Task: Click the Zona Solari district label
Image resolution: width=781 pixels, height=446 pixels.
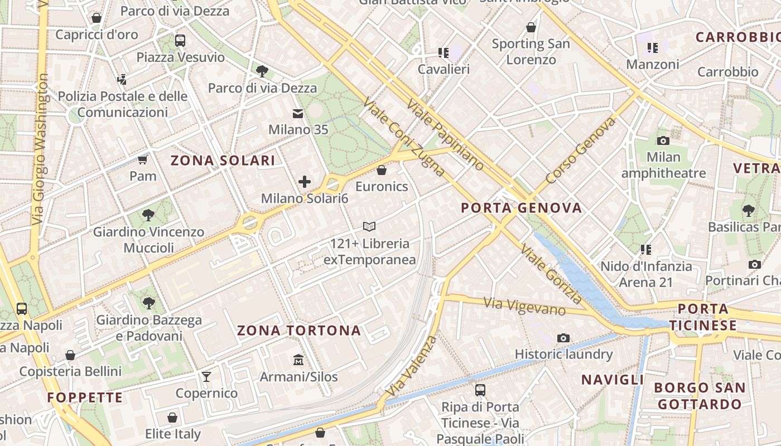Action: pos(223,161)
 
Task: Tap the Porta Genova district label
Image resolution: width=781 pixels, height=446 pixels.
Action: pos(522,209)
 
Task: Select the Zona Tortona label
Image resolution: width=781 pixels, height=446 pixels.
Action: pos(299,331)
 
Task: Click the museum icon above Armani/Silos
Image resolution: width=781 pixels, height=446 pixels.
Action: pos(298,360)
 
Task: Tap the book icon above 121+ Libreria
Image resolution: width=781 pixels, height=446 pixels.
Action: pos(369,226)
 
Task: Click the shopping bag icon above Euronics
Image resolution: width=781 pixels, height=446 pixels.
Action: pos(382,169)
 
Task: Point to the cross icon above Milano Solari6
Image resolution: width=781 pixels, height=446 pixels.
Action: pos(305,182)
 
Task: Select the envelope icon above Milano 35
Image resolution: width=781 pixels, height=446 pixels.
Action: pos(298,114)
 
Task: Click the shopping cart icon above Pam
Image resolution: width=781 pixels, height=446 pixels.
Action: pos(143,160)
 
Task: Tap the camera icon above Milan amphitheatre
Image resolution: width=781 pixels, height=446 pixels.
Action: pos(663,140)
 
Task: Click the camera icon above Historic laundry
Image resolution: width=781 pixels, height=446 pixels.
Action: pos(563,338)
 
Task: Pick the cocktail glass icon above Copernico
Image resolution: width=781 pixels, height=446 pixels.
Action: pos(206,377)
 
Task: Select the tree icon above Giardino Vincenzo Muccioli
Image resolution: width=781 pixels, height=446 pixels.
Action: pos(148,215)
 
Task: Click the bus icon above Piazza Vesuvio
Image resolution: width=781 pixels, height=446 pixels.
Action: pos(180,41)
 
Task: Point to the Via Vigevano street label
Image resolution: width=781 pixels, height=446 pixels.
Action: pos(524,306)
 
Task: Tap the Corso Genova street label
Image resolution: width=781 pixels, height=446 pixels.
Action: pos(581,150)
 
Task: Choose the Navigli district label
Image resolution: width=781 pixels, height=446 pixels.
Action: pos(613,380)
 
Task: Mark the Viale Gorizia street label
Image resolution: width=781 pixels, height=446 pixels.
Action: pos(551,274)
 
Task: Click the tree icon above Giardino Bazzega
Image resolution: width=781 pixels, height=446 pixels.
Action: pos(148,303)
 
